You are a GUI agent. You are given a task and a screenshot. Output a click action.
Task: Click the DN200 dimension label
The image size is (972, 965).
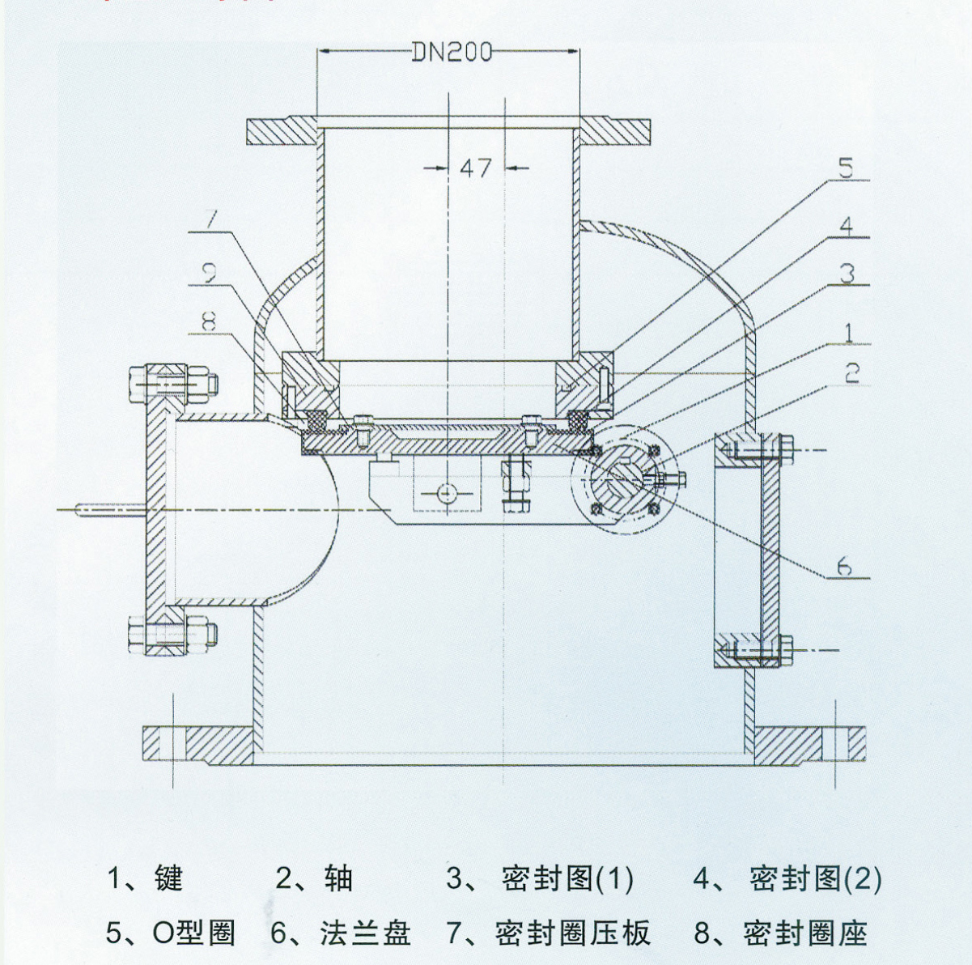point(452,52)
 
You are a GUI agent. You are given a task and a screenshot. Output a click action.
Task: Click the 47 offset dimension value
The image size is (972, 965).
point(476,168)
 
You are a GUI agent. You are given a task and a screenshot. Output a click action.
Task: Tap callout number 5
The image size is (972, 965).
point(845,168)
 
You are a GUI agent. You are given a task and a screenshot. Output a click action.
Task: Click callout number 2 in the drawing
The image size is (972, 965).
point(851,373)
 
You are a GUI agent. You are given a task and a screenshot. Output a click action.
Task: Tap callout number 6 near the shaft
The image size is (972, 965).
point(844,566)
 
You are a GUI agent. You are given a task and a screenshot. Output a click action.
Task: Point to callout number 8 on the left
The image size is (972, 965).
point(209,322)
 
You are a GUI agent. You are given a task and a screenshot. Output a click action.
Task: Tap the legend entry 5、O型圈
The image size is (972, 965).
point(171,933)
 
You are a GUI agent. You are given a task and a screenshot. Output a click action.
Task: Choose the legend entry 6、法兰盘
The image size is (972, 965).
point(341,933)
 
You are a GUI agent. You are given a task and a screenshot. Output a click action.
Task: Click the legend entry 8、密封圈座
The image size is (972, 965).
point(781,933)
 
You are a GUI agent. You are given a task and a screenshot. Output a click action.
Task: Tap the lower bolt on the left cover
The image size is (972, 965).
point(172,632)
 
